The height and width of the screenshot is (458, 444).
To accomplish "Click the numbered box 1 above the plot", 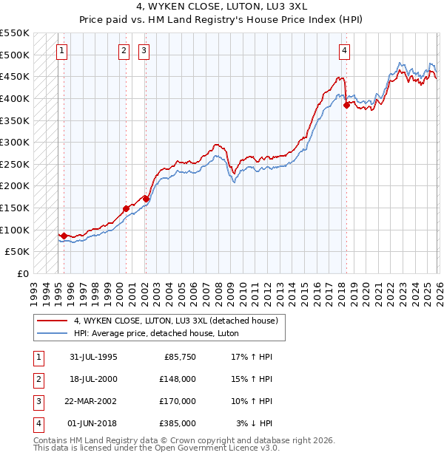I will coord(61,51).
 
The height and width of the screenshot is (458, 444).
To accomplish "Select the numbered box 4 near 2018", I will coord(345,51).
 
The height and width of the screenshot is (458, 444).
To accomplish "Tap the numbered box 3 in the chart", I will coord(144,51).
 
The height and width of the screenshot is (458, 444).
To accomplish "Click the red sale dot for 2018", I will coord(346,105).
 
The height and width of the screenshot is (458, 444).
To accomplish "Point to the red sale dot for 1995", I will coord(64,236).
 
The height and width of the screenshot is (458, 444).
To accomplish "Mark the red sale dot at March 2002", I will coord(146,199).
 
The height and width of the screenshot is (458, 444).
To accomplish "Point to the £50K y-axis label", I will coord(18,251).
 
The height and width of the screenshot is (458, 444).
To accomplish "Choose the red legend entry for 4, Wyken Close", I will coord(175,321).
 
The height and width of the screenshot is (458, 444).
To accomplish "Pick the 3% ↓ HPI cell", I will coord(254,423).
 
